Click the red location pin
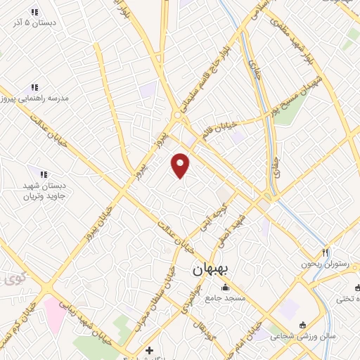tap(181, 165)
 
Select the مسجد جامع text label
tap(225, 299)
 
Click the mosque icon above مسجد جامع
tap(225, 287)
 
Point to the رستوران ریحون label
tap(325, 264)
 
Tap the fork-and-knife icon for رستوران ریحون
tap(325, 252)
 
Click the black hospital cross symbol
tap(149, 349)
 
